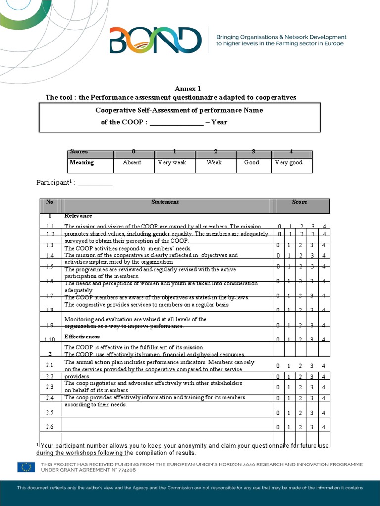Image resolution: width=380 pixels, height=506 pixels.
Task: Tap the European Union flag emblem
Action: click(x=26, y=467)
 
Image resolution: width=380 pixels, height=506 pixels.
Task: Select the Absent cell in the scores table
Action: click(x=132, y=162)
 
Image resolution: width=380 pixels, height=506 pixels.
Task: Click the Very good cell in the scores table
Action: click(x=288, y=162)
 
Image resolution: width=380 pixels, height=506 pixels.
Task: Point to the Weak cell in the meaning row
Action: click(x=214, y=162)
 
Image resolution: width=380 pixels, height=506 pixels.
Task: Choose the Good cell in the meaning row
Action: click(x=251, y=162)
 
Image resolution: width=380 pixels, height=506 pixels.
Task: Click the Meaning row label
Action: click(x=82, y=162)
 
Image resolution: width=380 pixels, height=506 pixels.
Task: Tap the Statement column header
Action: click(x=165, y=202)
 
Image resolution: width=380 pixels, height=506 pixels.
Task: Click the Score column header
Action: click(x=300, y=202)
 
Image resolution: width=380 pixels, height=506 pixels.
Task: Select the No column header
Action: click(x=49, y=202)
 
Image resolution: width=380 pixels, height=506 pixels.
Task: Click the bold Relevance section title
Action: click(x=78, y=216)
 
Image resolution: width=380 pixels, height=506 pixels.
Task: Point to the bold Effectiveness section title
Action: click(x=82, y=337)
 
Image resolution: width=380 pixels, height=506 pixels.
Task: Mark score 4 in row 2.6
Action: click(x=323, y=427)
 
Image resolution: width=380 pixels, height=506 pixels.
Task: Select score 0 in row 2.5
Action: click(x=278, y=413)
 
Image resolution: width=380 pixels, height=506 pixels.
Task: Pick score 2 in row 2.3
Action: click(x=301, y=387)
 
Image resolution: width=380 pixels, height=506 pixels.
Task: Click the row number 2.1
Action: click(x=49, y=365)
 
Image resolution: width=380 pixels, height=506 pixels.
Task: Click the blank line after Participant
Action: click(x=95, y=183)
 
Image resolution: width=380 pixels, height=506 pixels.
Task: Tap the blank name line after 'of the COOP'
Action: click(x=177, y=122)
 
